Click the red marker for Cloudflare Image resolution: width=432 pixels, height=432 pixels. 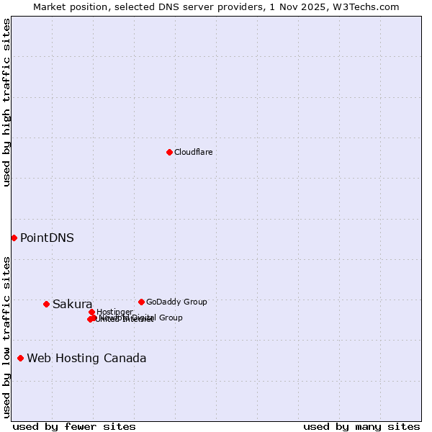point(169,152)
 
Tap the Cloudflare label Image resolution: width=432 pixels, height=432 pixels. point(193,152)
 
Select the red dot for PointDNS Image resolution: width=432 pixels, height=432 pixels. point(14,238)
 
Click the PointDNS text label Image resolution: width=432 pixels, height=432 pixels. point(47,238)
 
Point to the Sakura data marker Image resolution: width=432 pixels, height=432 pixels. point(46,304)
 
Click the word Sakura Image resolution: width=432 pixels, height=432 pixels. point(72,304)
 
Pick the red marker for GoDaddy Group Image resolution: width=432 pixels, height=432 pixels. point(141,302)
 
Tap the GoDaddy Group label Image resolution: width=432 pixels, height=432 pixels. point(176,302)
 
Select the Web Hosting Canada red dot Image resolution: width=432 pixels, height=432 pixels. point(20,358)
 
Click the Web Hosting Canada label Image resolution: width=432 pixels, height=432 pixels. point(86,359)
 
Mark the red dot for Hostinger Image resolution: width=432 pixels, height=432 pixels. point(91,312)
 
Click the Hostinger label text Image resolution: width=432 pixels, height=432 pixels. point(114,312)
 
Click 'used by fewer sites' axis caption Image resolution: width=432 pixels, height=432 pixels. point(74,426)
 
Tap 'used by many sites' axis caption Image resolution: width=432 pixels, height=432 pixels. point(361,426)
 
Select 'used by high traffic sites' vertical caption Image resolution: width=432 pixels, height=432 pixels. point(6,102)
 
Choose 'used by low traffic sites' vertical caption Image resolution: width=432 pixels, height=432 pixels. point(6,337)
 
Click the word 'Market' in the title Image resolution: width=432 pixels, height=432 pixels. point(50,6)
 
